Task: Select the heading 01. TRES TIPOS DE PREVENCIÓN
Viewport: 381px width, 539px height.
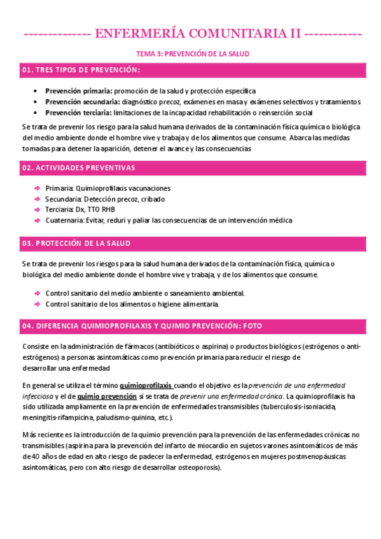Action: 81,69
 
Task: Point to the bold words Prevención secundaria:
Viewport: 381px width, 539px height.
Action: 82,102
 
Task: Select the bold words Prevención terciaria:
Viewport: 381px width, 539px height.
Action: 78,113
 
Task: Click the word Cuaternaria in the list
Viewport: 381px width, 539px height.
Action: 64,221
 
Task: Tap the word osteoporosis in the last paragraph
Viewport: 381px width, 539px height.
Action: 192,467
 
